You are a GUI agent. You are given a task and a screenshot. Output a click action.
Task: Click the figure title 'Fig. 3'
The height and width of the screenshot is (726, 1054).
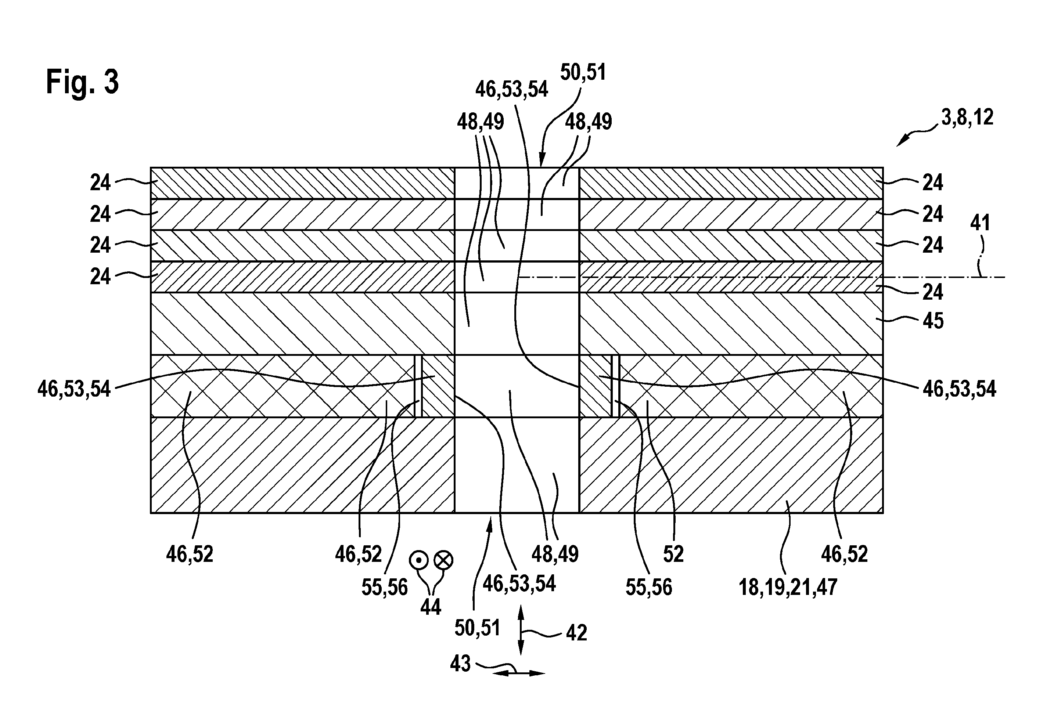(x=82, y=82)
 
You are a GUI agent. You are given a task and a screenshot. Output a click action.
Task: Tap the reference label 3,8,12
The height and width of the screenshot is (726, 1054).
(x=967, y=118)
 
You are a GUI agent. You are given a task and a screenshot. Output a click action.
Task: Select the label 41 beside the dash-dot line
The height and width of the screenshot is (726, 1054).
(x=980, y=223)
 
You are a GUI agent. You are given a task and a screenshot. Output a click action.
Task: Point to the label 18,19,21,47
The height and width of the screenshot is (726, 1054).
(x=788, y=587)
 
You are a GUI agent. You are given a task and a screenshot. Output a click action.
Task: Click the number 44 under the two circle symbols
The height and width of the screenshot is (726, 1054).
(x=431, y=607)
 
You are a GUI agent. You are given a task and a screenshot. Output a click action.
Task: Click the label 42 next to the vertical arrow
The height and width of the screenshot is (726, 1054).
(x=576, y=633)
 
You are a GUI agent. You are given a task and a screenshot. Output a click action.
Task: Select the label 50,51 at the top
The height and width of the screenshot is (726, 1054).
(x=583, y=73)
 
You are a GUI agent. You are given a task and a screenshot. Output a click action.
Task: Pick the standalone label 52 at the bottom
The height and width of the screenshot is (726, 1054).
(x=673, y=555)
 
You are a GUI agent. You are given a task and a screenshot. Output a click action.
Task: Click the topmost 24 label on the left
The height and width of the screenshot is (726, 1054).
(x=100, y=183)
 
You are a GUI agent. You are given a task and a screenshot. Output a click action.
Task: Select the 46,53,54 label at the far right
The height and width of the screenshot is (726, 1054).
(x=959, y=389)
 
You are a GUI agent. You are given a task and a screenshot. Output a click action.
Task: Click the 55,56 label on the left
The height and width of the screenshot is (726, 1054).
(x=385, y=588)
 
